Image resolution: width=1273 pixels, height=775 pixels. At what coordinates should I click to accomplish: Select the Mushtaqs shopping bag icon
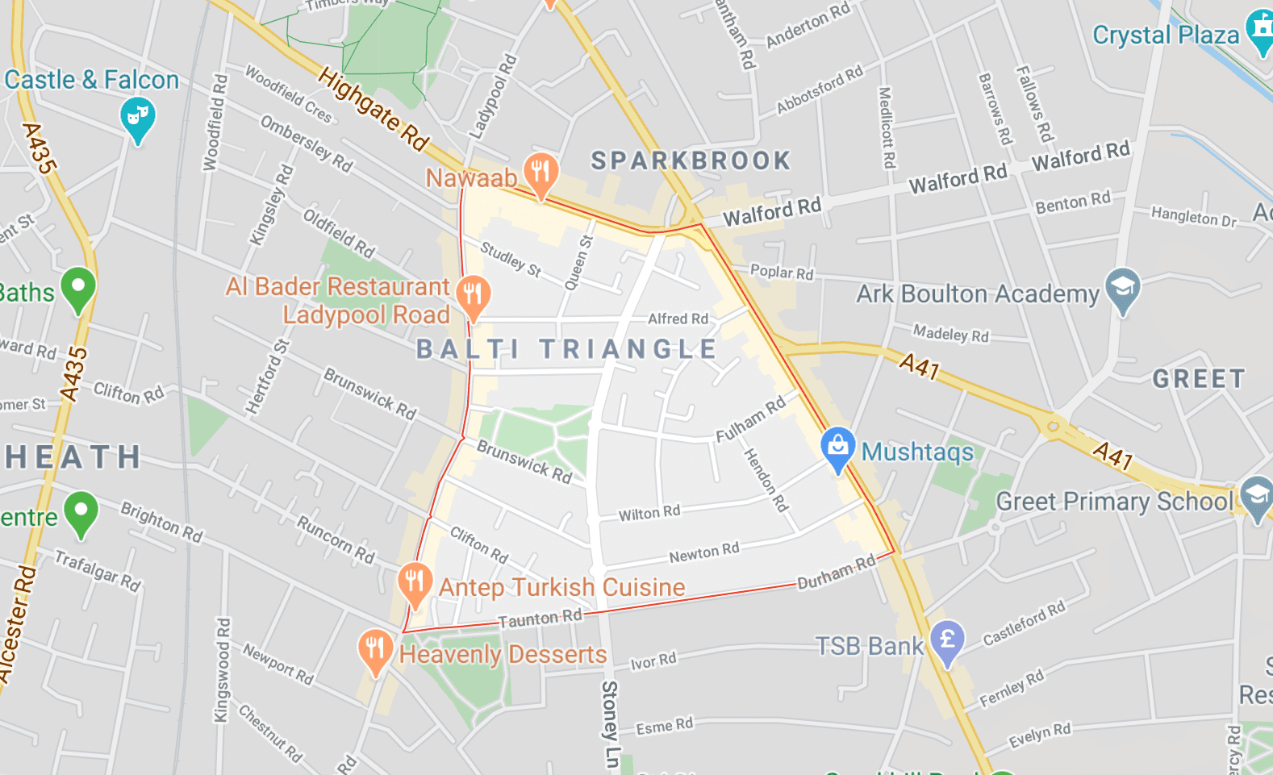[x=837, y=447]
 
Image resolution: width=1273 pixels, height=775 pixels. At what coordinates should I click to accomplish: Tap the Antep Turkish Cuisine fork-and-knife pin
[x=414, y=581]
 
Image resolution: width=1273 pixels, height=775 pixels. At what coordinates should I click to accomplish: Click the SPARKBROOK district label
[x=691, y=160]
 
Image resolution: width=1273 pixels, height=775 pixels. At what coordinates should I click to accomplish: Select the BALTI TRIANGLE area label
[x=566, y=349]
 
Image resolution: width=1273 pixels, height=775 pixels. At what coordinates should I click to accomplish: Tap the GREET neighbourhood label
[x=1199, y=378]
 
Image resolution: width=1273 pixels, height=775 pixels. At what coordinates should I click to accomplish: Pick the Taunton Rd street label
[x=540, y=619]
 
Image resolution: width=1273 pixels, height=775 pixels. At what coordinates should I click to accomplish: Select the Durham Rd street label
[x=836, y=573]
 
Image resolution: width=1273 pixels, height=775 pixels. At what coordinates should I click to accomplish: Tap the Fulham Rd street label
[x=750, y=419]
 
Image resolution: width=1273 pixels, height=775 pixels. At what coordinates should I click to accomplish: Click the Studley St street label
[x=511, y=259]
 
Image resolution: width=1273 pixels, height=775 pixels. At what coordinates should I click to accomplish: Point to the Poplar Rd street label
[x=782, y=272]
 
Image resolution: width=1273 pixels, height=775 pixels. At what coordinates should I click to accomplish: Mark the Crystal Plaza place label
[x=1166, y=35]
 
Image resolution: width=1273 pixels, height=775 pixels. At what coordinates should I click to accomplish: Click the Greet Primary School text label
[x=1115, y=502]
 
